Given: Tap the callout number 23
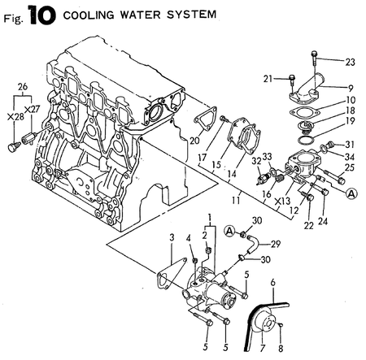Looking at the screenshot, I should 351,61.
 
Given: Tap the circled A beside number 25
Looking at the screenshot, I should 351,193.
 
